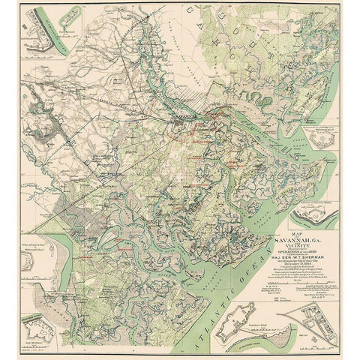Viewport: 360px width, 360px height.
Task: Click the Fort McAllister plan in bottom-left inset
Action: [37, 334]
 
